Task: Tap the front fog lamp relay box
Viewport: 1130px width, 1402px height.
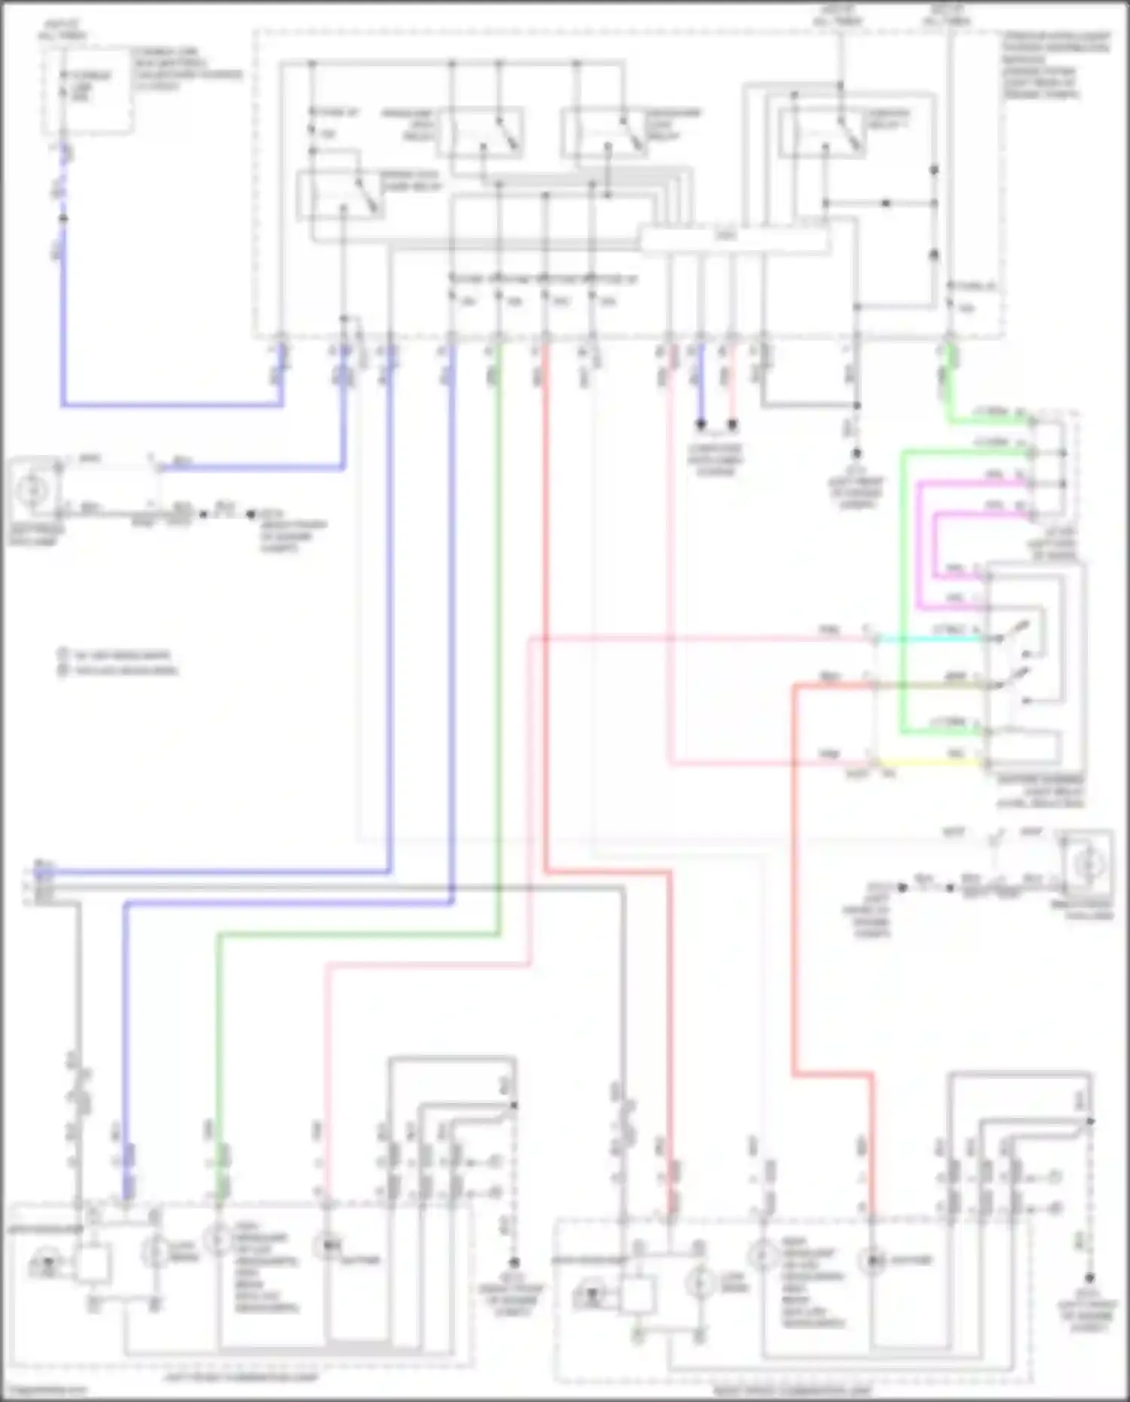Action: tap(341, 195)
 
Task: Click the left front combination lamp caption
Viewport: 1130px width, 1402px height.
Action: tap(241, 1377)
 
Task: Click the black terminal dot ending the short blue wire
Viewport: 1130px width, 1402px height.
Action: tap(701, 425)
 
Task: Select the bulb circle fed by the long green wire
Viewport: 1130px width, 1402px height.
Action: tap(218, 1239)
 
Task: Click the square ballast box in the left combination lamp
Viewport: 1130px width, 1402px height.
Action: tap(92, 1263)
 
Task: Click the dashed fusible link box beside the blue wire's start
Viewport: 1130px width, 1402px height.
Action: tap(87, 90)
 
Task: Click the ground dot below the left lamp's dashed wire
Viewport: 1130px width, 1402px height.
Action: tap(514, 1262)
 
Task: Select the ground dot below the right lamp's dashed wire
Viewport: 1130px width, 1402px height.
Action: tap(1089, 1278)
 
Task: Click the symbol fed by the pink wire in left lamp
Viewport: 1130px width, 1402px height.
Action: tap(327, 1247)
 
